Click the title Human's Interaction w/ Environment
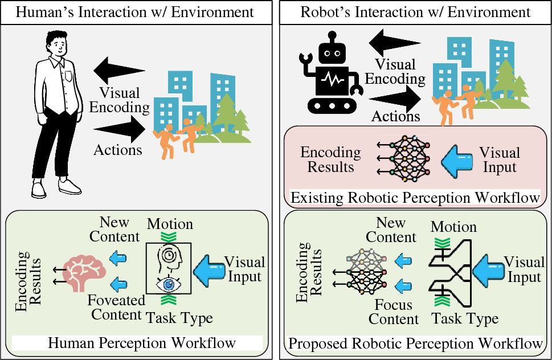[x=135, y=11]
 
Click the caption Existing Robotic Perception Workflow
[x=415, y=198]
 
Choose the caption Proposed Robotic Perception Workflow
[x=415, y=343]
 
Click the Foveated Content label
[x=116, y=307]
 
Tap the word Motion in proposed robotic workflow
[x=453, y=227]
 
